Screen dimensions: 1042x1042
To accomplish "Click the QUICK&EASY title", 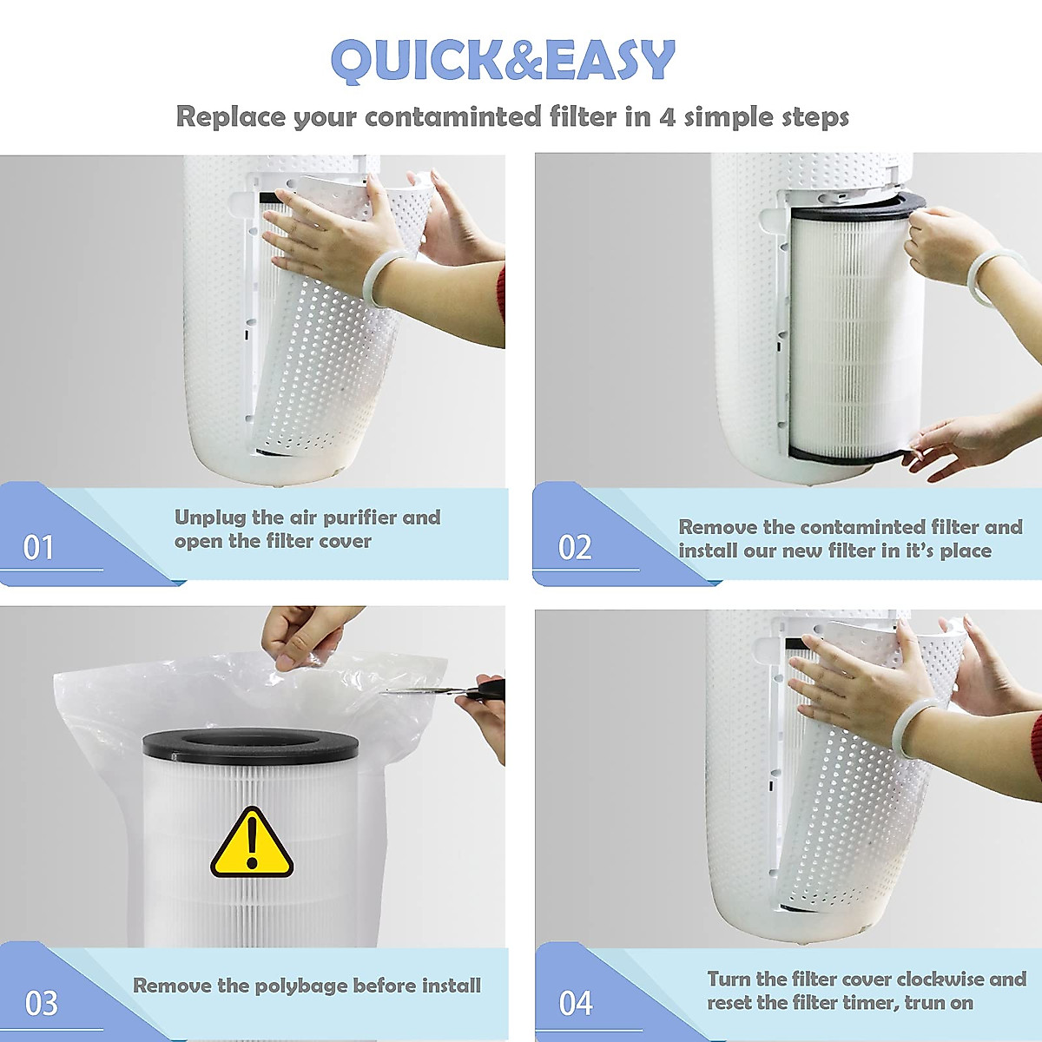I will pos(503,61).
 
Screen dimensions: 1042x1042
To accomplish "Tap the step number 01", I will pos(38,547).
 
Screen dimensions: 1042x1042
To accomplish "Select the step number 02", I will pos(574,547).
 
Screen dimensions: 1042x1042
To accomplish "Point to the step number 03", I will pos(41,1003).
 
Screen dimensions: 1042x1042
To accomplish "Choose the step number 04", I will pos(575,1003).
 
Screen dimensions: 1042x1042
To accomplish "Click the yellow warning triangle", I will pos(252,844).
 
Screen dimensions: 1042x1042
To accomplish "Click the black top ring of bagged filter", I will pos(250,745).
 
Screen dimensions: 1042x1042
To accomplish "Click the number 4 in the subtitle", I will pos(667,116).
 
